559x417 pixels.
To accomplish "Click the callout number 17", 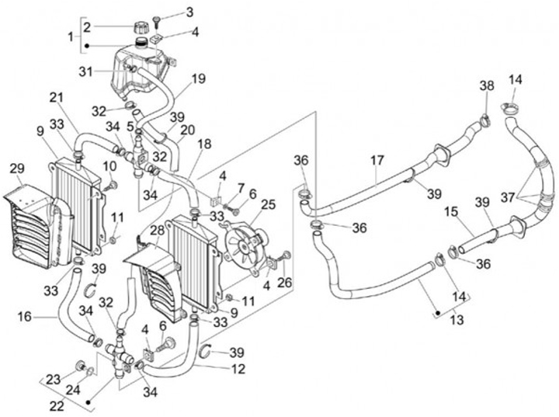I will click(377, 162).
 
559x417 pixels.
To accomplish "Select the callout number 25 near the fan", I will click(268, 204).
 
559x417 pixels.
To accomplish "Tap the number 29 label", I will click(17, 169).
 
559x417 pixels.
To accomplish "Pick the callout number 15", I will click(451, 212).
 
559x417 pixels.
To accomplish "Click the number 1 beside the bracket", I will click(72, 36).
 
